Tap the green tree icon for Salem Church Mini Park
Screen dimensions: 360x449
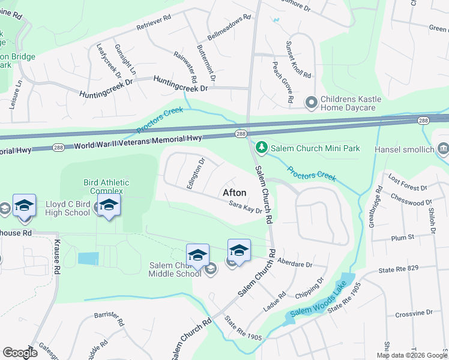tap(261, 147)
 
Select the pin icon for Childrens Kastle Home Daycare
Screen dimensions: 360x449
tap(311, 103)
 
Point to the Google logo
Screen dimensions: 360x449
tap(20, 353)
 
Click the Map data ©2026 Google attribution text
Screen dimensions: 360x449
tap(411, 355)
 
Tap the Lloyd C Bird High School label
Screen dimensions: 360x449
tap(68, 208)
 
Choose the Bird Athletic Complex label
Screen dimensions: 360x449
tap(106, 187)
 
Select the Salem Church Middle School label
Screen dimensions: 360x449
tap(175, 269)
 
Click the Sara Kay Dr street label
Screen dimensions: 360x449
tap(245, 208)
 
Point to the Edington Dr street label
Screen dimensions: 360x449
tap(196, 173)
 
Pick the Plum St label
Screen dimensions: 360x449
tap(403, 238)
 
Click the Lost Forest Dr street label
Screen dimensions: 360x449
tap(407, 178)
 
